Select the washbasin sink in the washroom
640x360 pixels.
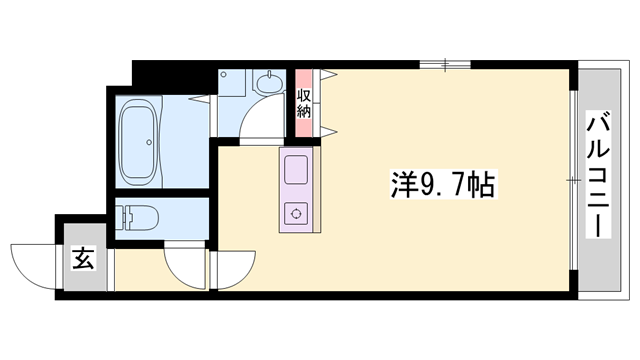coord(269,83)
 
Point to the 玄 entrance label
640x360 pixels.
coord(83,260)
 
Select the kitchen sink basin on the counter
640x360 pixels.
coord(297,170)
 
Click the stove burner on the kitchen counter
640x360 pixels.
coord(297,211)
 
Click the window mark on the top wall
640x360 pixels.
coord(446,65)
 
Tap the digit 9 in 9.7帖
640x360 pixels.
coord(429,185)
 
